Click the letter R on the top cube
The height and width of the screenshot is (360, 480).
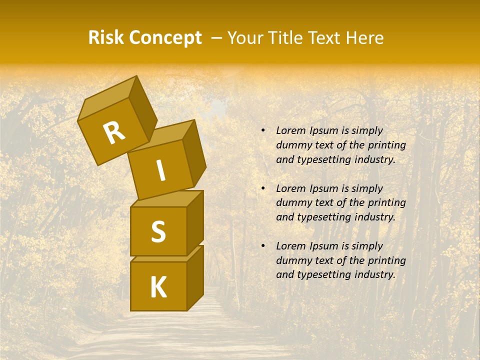[114, 133]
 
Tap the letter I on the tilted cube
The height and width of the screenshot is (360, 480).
[161, 171]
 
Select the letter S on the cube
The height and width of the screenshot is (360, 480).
[158, 231]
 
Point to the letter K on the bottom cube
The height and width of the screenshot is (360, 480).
[158, 287]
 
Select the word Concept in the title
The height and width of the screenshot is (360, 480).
[165, 38]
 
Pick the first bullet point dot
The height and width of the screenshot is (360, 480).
[262, 131]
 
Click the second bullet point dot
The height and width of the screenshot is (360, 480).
[262, 188]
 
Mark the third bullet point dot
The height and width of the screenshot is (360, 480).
[262, 246]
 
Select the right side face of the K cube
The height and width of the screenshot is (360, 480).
[195, 277]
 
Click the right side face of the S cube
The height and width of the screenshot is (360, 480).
[195, 222]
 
